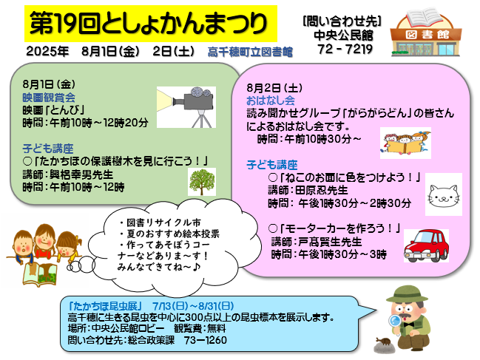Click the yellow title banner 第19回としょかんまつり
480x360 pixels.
click(x=151, y=24)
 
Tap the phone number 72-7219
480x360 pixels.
click(x=345, y=49)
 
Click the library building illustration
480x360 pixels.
click(x=426, y=33)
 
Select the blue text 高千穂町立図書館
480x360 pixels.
click(x=250, y=52)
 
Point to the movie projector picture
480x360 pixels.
click(x=186, y=107)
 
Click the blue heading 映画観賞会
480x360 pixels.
click(x=49, y=98)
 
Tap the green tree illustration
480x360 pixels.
click(x=202, y=182)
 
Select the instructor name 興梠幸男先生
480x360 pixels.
click(x=81, y=174)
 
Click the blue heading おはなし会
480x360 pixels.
click(x=271, y=101)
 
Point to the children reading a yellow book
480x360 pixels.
click(x=405, y=143)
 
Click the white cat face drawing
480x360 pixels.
click(x=444, y=194)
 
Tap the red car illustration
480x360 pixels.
click(x=426, y=245)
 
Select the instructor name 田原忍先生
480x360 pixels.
click(x=322, y=190)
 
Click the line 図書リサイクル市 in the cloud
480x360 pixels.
click(x=160, y=223)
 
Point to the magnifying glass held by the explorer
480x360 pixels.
click(x=396, y=322)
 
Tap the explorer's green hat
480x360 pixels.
click(x=407, y=294)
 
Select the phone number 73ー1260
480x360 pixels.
click(x=206, y=340)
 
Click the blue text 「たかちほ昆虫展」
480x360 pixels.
click(x=105, y=306)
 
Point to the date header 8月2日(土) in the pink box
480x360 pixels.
click(x=274, y=88)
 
